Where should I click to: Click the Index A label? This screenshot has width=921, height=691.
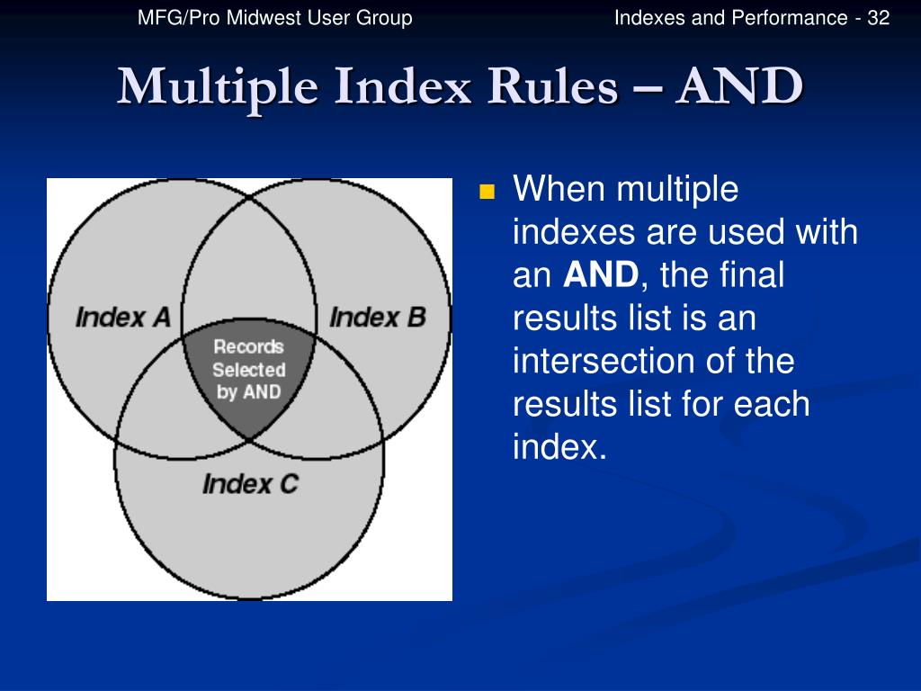click(122, 317)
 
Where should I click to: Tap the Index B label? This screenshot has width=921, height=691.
click(377, 317)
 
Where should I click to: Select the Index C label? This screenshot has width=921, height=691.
click(249, 484)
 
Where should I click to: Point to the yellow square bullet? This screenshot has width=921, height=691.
click(487, 192)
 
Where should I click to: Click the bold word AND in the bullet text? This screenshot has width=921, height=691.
click(601, 275)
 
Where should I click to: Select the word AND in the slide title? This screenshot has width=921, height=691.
click(739, 87)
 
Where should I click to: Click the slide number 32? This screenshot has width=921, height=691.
click(878, 18)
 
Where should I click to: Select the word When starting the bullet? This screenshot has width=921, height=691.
click(558, 191)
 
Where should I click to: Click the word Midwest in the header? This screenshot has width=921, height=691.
click(253, 18)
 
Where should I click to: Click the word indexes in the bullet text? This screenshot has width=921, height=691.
click(572, 233)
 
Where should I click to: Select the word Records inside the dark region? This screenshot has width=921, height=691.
click(247, 346)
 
